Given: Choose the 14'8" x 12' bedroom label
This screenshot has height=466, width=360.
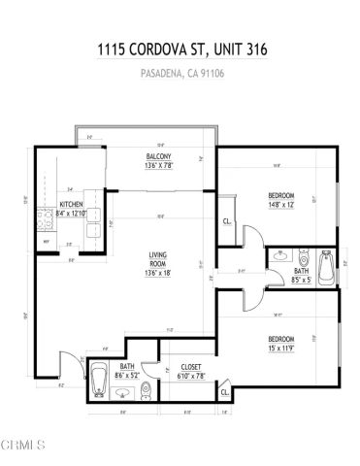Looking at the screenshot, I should (x=280, y=200).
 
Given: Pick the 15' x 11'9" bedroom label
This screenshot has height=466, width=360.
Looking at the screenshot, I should (x=281, y=342).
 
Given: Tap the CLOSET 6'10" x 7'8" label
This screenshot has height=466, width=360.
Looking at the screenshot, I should (x=190, y=371).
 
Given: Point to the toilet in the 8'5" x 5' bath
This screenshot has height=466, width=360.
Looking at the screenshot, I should (x=302, y=262).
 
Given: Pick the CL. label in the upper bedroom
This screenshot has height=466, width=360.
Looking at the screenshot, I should (x=226, y=221).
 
